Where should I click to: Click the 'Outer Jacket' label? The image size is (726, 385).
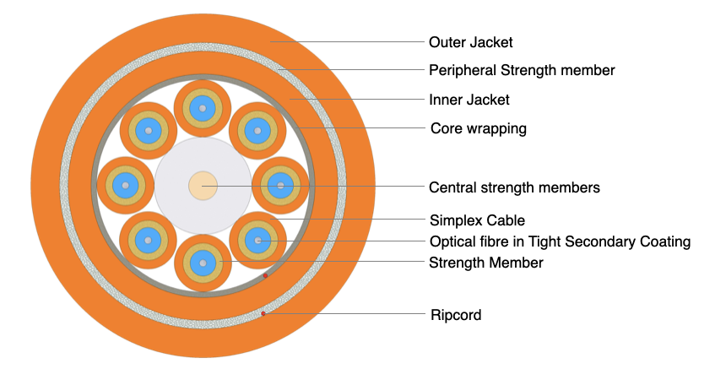pos(470,41)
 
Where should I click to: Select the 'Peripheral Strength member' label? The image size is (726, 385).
pos(522,70)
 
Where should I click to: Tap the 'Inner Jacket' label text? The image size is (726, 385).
pos(469,100)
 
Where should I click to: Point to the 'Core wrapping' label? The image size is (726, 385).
pos(478,128)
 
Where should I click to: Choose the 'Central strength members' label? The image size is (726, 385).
pos(514,187)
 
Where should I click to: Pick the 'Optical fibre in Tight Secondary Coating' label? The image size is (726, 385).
pos(560,241)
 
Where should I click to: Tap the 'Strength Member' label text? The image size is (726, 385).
pos(485,263)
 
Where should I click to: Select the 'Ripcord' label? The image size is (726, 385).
pos(455,315)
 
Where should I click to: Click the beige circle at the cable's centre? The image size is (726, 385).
pos(203,186)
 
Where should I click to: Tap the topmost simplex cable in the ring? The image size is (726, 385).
pos(203,108)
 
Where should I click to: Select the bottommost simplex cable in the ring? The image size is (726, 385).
pos(203,263)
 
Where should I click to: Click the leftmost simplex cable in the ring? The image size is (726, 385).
pos(125,186)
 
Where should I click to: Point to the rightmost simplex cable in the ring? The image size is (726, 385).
pos(280,186)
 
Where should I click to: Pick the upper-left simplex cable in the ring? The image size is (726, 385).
pos(148,131)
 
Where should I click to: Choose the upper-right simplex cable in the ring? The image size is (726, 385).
pos(257,131)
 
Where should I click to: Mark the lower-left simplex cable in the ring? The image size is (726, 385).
pos(148,241)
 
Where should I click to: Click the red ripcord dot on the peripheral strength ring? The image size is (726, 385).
pos(263,314)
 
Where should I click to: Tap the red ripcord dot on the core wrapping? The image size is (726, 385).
pos(265,275)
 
